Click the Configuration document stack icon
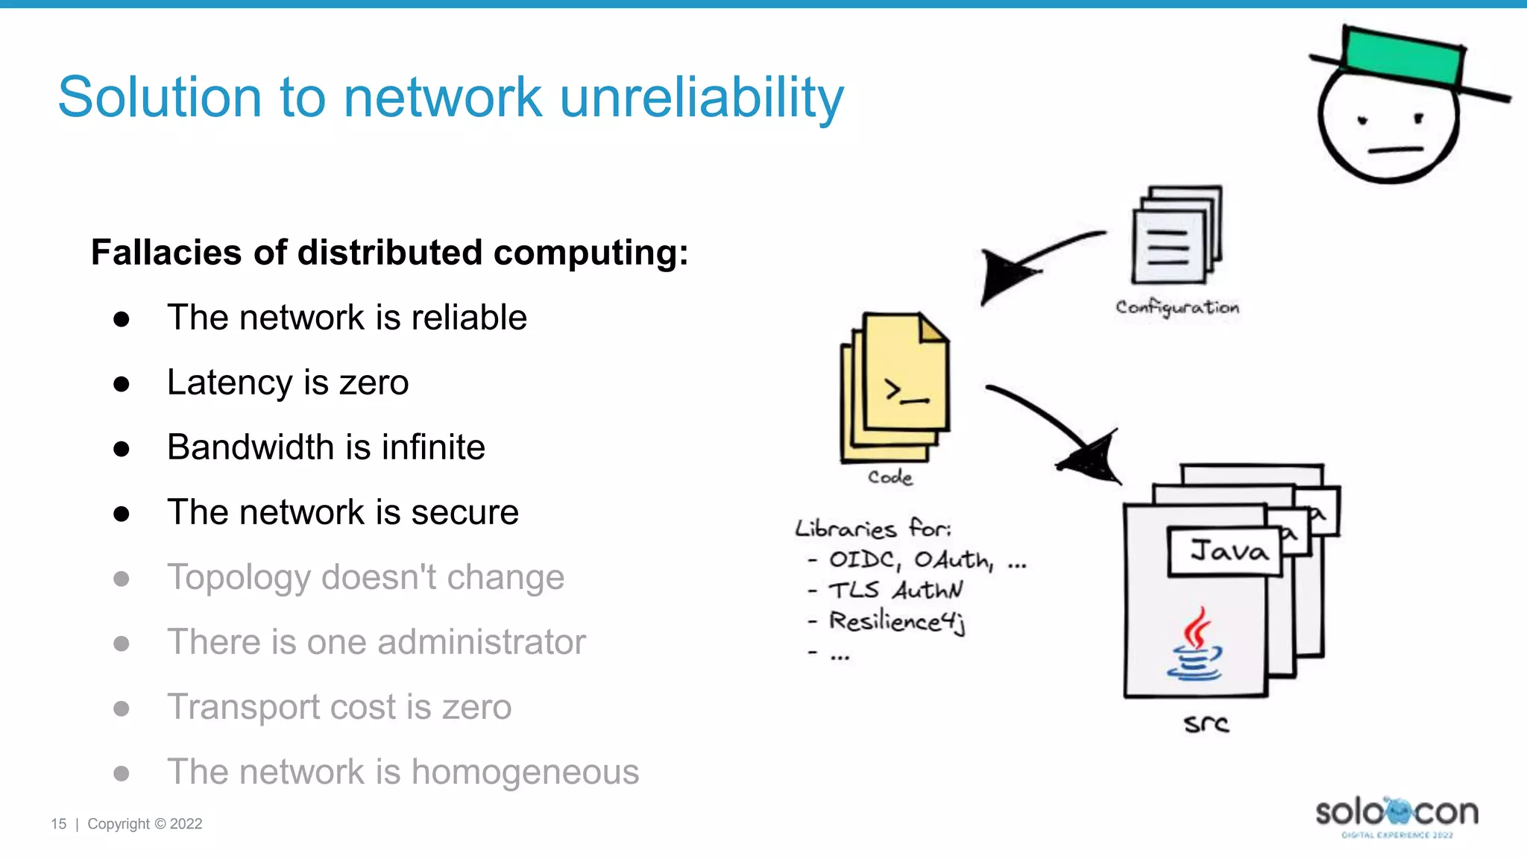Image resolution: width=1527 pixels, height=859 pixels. [x=1176, y=235]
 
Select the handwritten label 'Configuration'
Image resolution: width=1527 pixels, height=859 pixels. [x=1177, y=307]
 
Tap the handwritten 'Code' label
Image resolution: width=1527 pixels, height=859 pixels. [x=890, y=477]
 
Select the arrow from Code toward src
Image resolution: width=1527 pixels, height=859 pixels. [x=1059, y=432]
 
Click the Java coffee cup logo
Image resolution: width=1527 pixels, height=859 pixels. [x=1195, y=646]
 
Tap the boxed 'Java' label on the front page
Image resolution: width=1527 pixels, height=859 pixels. [x=1227, y=552]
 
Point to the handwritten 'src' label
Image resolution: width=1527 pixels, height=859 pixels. [x=1206, y=723]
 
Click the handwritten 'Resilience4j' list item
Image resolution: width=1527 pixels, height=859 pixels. [x=897, y=621]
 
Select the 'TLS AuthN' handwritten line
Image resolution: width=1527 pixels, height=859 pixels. [x=895, y=590]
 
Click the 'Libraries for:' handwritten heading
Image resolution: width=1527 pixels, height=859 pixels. [x=872, y=529]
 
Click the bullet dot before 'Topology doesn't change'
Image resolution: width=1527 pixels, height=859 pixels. [x=122, y=579]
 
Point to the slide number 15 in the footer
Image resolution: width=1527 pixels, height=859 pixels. [x=58, y=824]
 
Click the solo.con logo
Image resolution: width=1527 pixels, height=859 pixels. [x=1397, y=815]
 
